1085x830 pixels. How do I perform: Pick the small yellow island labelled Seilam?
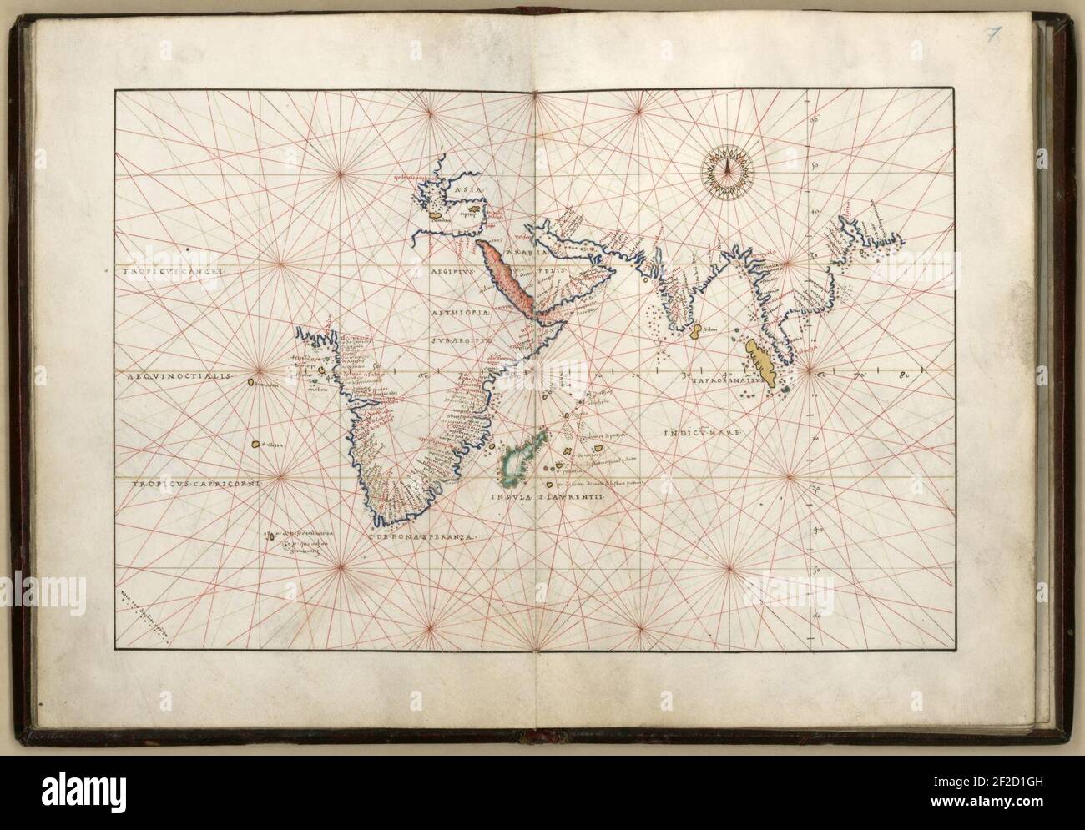695,335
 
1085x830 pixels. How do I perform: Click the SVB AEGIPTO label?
459,340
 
